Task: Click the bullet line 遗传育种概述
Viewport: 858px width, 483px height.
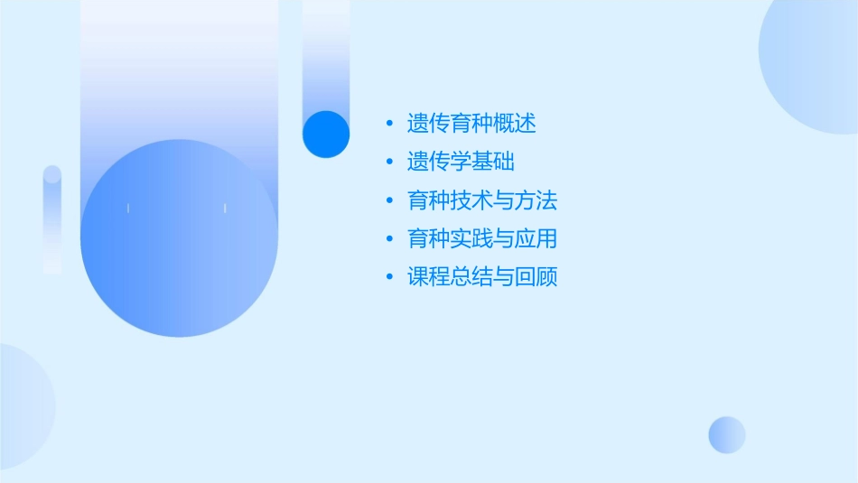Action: click(x=471, y=123)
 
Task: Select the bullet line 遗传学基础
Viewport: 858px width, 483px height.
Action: click(x=461, y=162)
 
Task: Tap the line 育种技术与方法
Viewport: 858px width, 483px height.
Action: click(x=482, y=200)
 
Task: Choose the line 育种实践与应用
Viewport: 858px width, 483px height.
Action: click(x=482, y=239)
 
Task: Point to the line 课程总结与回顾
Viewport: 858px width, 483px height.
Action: click(x=482, y=277)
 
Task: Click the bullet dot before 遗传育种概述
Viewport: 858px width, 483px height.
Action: click(x=389, y=124)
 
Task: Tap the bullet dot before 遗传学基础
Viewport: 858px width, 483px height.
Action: click(x=389, y=163)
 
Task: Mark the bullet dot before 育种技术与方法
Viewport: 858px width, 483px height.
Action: click(x=389, y=200)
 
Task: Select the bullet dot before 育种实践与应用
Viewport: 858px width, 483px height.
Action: click(x=389, y=239)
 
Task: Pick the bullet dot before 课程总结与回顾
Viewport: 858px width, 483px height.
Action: click(x=389, y=277)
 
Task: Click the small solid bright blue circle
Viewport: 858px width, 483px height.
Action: click(x=326, y=134)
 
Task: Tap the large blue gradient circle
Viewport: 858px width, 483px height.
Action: click(x=179, y=238)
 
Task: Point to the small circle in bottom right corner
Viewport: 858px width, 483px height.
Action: click(x=727, y=434)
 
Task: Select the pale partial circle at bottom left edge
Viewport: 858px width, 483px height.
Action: click(x=23, y=406)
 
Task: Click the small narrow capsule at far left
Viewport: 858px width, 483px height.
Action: click(x=52, y=219)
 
